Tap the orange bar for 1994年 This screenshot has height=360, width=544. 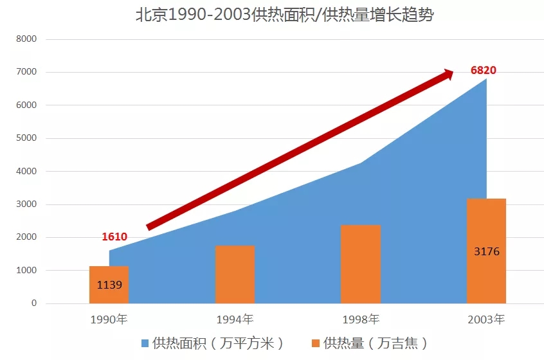(x=235, y=274)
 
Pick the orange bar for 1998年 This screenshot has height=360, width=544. (x=361, y=264)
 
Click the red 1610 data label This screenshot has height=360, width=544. (x=114, y=237)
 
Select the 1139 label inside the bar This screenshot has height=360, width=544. (x=109, y=284)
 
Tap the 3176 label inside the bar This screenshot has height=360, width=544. (x=486, y=251)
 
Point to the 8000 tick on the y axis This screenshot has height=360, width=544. (x=26, y=39)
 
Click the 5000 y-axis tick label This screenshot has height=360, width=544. (x=26, y=138)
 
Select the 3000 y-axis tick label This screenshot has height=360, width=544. (x=26, y=204)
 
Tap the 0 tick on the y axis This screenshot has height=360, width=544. (x=33, y=303)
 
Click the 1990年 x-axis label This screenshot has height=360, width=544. (x=109, y=319)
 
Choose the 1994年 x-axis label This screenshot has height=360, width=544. (x=235, y=319)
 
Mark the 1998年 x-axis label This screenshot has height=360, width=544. (x=361, y=319)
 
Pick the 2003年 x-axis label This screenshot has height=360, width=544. (x=486, y=319)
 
